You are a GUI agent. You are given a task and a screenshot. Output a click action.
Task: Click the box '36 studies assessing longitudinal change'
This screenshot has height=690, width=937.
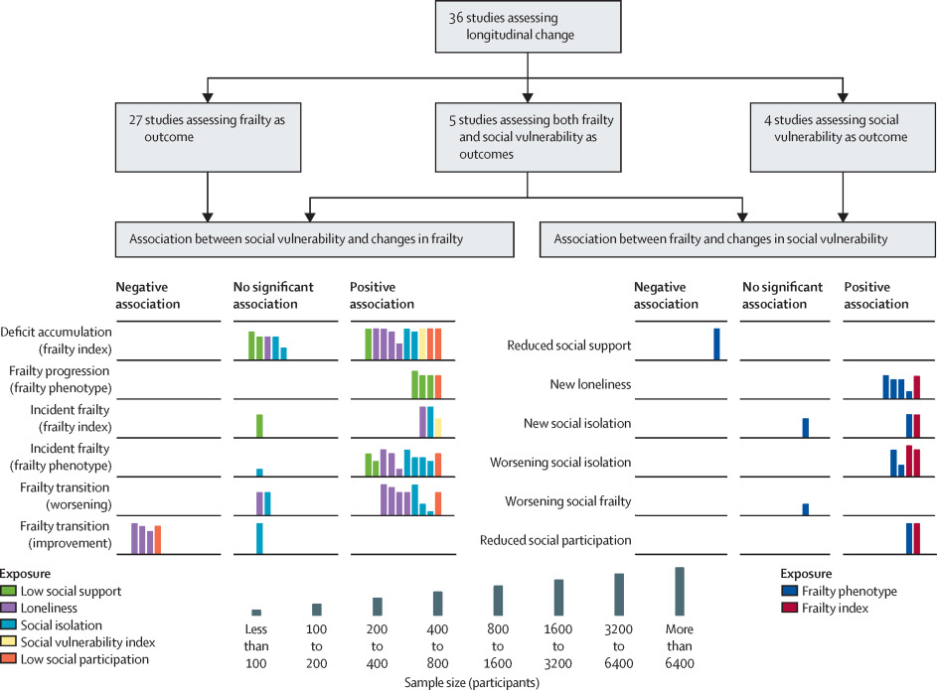528,26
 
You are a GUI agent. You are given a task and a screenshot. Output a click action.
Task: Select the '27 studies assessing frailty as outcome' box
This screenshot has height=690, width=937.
208,137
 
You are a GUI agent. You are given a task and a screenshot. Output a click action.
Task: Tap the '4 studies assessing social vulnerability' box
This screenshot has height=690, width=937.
843,137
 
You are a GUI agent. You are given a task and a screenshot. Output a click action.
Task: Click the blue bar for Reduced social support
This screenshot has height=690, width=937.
716,344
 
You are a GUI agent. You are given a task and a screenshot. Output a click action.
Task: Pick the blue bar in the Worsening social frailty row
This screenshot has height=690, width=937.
806,509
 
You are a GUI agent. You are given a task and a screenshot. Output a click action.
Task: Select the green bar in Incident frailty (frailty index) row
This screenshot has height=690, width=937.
259,426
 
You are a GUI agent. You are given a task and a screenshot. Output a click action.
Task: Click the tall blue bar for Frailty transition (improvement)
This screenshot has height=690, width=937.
259,538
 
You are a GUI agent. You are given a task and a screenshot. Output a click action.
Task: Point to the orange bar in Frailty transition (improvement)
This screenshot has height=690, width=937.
158,539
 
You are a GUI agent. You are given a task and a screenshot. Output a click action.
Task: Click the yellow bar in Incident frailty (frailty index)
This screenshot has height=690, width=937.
438,428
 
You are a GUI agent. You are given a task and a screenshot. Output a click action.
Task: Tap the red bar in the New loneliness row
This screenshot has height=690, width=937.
917,387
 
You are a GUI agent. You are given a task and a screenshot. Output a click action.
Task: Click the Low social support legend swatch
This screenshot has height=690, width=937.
8,591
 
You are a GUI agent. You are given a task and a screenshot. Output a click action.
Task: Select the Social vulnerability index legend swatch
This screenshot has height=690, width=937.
8,641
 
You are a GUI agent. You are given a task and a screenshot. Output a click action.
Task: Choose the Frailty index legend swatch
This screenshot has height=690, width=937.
789,608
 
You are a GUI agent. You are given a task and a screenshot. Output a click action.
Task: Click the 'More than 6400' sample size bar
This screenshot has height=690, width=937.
680,591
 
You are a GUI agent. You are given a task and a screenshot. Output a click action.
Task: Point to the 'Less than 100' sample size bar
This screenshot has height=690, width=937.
256,613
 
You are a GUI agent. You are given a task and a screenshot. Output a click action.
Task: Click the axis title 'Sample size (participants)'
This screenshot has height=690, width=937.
472,682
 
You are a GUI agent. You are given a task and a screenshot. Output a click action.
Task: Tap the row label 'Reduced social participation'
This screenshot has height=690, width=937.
555,540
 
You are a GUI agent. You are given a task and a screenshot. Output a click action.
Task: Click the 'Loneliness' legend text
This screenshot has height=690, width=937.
49,609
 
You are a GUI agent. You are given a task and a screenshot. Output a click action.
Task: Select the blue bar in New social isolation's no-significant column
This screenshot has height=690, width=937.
806,428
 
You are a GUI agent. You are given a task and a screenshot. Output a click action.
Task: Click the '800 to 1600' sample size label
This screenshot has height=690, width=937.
498,646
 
